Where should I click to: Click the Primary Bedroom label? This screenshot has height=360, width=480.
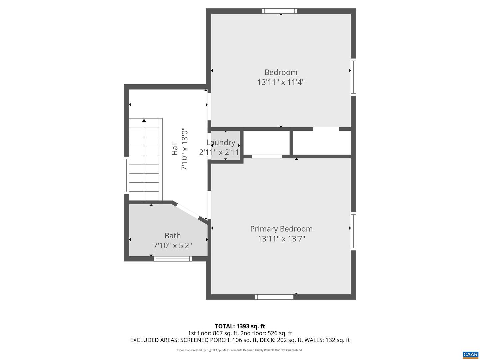(x=281, y=229)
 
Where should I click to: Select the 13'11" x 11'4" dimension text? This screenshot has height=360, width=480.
(x=281, y=82)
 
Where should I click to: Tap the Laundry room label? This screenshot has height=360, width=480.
(x=221, y=143)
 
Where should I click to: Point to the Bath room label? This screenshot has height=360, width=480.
(x=173, y=236)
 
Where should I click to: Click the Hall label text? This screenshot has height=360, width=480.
(x=175, y=149)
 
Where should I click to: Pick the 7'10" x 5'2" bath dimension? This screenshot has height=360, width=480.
(x=173, y=246)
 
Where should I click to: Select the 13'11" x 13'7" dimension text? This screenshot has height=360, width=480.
(x=281, y=239)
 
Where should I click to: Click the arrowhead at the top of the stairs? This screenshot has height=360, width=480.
(x=144, y=121)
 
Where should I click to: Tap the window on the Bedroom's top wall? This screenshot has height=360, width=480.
(x=279, y=11)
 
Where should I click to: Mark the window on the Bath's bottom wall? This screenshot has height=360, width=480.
(x=173, y=259)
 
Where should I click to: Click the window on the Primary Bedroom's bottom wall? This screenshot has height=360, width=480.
(x=274, y=297)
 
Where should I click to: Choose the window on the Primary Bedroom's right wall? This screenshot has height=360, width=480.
(x=353, y=231)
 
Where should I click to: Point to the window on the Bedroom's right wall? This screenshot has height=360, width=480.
(x=353, y=77)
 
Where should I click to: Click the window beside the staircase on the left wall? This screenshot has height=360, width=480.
(x=126, y=175)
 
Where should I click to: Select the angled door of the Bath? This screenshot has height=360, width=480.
(x=187, y=211)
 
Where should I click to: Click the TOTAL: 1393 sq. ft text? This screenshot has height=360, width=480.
(x=240, y=326)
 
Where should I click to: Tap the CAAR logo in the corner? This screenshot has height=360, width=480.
(x=470, y=355)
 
